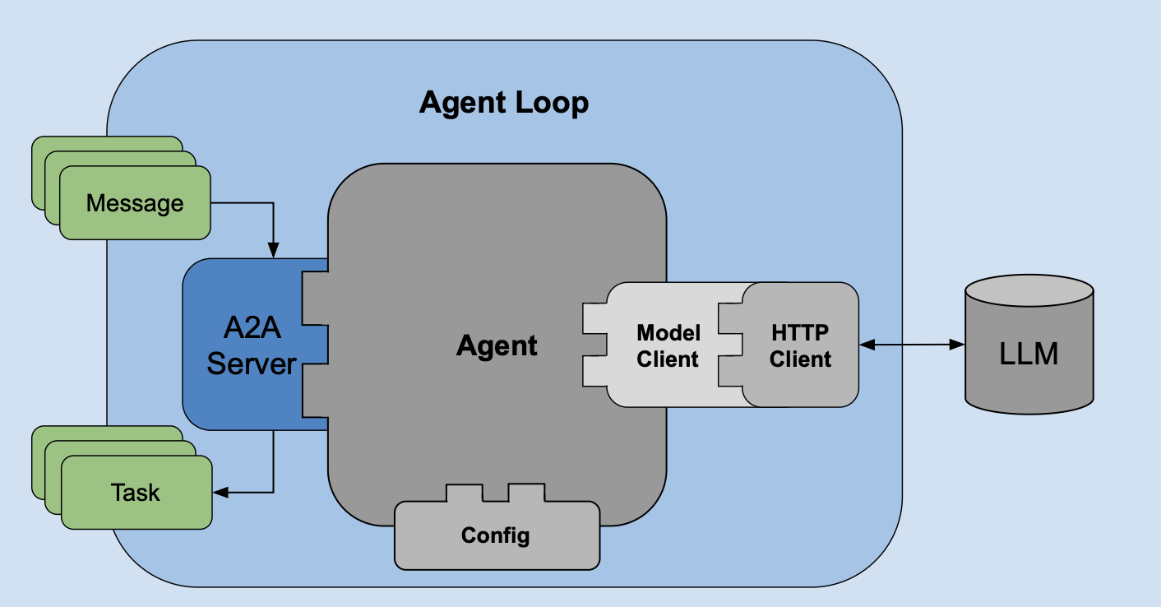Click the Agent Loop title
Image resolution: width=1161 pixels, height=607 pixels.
coord(504,103)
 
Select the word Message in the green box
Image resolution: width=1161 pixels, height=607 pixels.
coord(135,203)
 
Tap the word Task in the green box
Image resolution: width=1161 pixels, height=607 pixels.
coord(136,493)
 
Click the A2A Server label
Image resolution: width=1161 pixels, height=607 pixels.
coord(251,345)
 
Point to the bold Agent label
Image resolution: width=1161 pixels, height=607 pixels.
coord(497,345)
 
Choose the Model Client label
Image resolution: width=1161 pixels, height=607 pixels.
coord(668,346)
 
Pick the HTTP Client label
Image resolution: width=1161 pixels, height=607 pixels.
coord(800,346)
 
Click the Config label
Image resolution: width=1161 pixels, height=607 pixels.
coord(496,536)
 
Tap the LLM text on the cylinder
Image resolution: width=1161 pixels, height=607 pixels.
coord(1029,354)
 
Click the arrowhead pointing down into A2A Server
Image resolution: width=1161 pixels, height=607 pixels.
coord(274,250)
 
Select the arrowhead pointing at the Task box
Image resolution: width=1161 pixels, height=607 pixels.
coord(220,493)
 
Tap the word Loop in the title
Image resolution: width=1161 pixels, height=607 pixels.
coord(552,103)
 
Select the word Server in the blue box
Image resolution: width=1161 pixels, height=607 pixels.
coord(251,364)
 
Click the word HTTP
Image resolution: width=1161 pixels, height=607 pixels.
coord(800,333)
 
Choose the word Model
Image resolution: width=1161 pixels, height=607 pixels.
coord(668,333)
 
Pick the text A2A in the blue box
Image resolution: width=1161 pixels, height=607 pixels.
coord(252,328)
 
